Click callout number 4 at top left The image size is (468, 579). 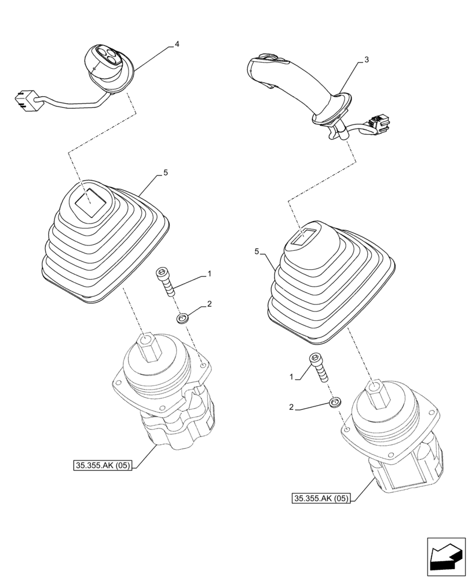(x=177, y=45)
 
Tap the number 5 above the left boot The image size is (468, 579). (x=166, y=173)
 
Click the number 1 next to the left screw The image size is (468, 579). (x=210, y=273)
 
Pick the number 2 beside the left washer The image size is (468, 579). (x=210, y=304)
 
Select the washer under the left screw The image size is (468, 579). (x=184, y=318)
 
